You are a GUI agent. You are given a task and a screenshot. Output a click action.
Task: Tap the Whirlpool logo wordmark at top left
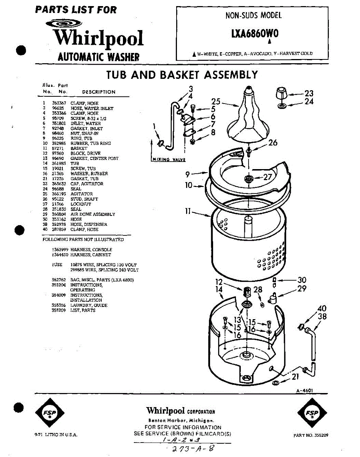[98, 38]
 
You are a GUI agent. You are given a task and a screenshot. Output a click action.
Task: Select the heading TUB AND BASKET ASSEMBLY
[182, 75]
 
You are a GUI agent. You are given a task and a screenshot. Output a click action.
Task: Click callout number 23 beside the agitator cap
[309, 93]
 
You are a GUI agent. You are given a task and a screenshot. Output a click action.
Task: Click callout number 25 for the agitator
[216, 102]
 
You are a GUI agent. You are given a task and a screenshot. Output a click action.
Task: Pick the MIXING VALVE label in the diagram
[168, 160]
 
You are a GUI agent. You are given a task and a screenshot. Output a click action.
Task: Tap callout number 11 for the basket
[188, 211]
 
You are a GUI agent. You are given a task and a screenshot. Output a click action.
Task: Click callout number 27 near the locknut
[268, 177]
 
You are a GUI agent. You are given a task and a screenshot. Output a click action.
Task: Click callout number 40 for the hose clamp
[322, 308]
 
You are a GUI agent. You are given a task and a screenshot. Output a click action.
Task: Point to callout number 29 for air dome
[301, 289]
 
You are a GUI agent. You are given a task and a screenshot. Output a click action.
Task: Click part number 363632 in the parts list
[59, 184]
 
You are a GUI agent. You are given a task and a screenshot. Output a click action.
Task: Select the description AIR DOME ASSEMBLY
[92, 214]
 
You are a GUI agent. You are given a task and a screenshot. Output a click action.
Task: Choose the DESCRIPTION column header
[99, 92]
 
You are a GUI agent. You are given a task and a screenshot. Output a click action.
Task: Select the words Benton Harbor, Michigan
[180, 420]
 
